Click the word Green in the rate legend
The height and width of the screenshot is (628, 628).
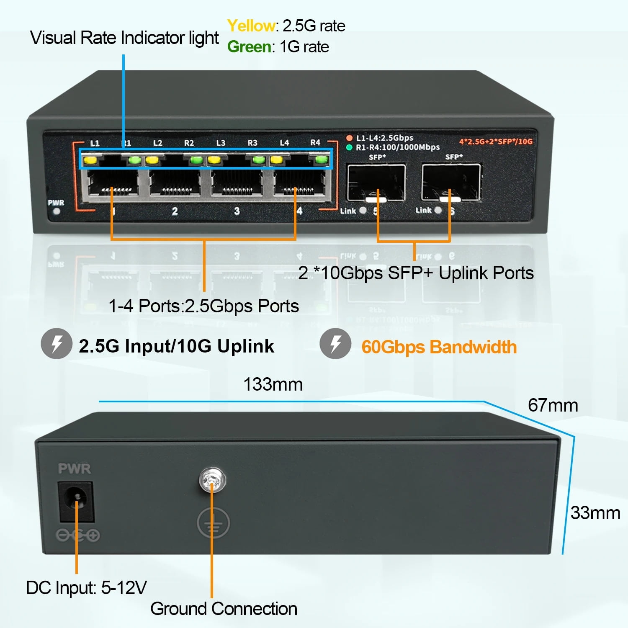coord(249,47)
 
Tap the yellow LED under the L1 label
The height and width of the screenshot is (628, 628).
coord(90,160)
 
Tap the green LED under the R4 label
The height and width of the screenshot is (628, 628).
coord(322,160)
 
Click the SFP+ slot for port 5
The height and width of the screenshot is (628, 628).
coord(376,183)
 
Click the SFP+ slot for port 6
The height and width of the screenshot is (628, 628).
coord(451,183)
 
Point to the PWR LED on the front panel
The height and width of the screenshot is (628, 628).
coord(56,211)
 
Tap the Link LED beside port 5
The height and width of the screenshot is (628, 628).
coord(363,211)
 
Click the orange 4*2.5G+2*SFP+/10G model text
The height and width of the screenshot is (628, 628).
coord(496,142)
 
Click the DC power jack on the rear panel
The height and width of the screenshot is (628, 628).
coord(76,501)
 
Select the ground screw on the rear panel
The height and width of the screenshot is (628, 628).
coord(212,480)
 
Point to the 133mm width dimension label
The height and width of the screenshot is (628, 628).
coord(273,384)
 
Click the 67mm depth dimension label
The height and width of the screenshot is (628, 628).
coord(553,405)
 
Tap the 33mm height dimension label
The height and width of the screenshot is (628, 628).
coord(595,513)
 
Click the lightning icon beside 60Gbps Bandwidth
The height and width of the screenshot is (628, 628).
coord(335,344)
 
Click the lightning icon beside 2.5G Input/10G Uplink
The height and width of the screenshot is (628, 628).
coord(57,344)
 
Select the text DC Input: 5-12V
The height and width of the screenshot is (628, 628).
coord(86,588)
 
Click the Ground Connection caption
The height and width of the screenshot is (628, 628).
coord(224,609)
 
